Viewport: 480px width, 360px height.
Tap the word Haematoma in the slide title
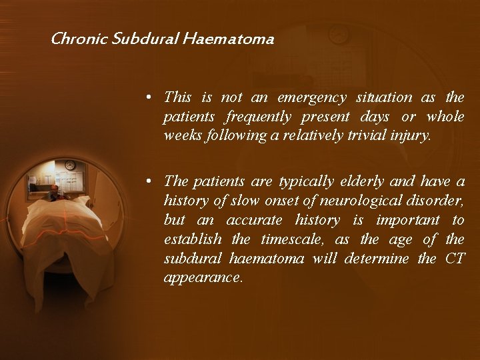pyautogui.click(x=237, y=39)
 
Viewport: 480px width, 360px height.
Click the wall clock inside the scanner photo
pyautogui.click(x=70, y=165)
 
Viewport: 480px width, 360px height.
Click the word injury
pyautogui.click(x=413, y=136)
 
